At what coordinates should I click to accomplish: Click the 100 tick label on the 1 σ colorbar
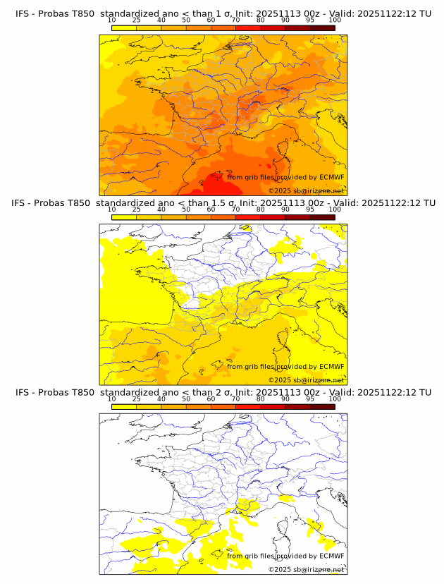[335, 20]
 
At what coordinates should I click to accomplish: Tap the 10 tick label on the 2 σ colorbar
[112, 399]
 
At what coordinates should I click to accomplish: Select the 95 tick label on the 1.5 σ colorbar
[310, 209]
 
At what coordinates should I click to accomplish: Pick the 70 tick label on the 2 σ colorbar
[235, 399]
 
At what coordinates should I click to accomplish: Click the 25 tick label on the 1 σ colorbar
[137, 20]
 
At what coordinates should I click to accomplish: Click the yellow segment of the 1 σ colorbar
[124, 28]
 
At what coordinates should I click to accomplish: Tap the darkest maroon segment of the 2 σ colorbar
[322, 406]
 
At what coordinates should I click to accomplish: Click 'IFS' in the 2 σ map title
[23, 392]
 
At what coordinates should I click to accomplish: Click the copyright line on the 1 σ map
[306, 190]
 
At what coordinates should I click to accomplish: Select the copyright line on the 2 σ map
[306, 569]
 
